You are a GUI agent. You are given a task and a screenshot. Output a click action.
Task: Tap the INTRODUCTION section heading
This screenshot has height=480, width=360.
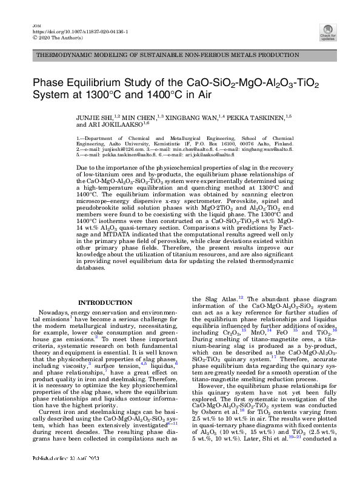(x=106, y=302)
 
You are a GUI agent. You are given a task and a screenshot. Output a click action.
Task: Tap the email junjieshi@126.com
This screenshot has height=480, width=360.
(x=113, y=147)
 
